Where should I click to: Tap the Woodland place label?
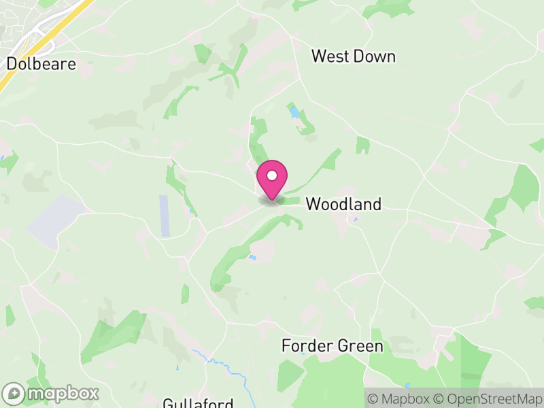pos(343,204)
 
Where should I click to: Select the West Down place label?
pos(353,56)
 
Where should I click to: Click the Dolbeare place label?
pos(41,64)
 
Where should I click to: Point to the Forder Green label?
pos(332,346)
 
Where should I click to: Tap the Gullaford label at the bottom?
pos(198,403)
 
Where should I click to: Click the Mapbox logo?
pos(52,393)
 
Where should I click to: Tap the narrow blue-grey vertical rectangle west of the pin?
pos(164,216)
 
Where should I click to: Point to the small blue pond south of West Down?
pos(294,110)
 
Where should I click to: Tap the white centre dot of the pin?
pos(272,175)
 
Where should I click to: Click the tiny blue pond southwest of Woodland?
pos(253,257)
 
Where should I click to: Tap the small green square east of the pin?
pos(362,145)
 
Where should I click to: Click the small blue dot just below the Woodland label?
pos(354,220)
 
